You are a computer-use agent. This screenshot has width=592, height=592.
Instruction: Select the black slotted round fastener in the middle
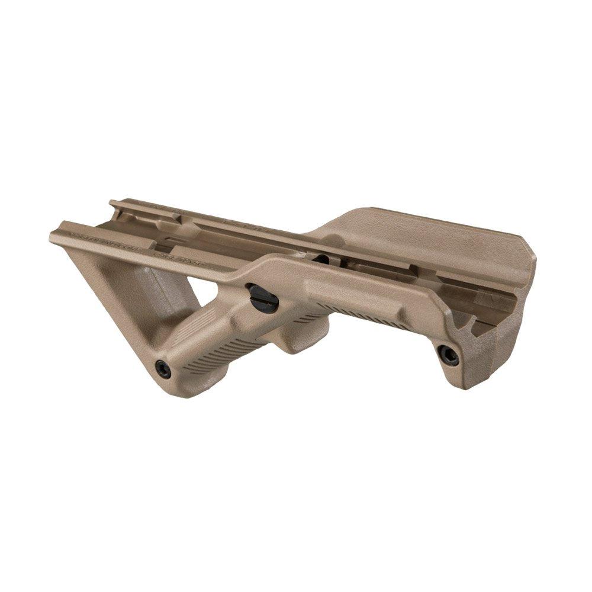pyautogui.click(x=263, y=298)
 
